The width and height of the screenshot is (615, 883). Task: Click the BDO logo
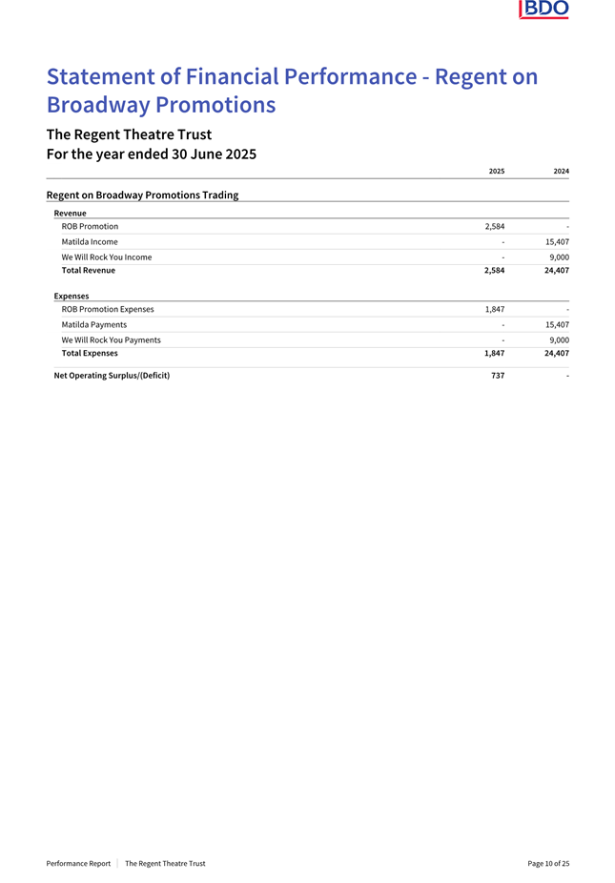[543, 10]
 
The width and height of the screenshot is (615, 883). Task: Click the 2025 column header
[496, 171]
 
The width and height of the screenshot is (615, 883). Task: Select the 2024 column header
[561, 171]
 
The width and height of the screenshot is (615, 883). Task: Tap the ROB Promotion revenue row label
[90, 227]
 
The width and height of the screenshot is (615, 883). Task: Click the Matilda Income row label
[90, 242]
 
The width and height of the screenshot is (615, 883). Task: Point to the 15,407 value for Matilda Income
[554, 242]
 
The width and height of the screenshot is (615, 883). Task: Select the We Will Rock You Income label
[106, 257]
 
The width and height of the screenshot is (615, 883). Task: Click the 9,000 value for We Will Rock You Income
[558, 257]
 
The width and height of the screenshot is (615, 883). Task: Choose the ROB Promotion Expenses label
[107, 310]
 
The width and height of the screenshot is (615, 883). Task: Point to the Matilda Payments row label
[93, 325]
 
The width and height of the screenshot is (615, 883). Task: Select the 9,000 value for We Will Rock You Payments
[558, 339]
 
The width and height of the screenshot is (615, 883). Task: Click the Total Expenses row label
[90, 354]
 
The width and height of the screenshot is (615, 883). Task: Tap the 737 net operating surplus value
[498, 376]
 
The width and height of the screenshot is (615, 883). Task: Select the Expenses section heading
[72, 297]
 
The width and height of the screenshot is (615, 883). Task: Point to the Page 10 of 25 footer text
[548, 863]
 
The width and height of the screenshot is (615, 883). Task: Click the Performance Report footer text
[78, 863]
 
